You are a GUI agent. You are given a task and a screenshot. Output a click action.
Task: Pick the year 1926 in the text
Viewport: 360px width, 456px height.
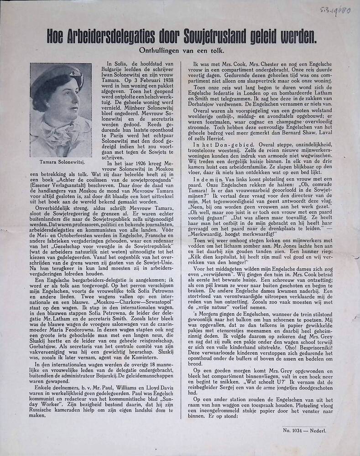pos(140,163)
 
